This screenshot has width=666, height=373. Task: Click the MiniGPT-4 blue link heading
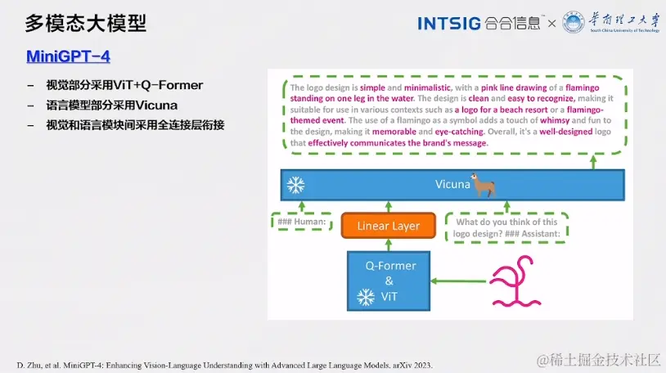(68, 56)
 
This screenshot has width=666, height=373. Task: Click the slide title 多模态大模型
(85, 24)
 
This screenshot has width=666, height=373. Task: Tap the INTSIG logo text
(449, 24)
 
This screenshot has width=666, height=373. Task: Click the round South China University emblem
(574, 22)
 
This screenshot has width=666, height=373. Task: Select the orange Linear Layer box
(388, 226)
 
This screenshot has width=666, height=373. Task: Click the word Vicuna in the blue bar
(452, 184)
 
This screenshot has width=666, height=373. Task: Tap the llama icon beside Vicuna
(484, 185)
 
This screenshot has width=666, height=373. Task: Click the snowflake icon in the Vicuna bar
(295, 185)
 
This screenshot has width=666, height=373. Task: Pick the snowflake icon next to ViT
(365, 297)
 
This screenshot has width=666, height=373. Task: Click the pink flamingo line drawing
(515, 281)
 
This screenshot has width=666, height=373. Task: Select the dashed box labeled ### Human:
(302, 222)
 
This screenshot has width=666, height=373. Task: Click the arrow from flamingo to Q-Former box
(458, 281)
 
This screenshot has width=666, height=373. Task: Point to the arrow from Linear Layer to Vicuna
(388, 206)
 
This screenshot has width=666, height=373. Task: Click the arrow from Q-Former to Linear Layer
(388, 245)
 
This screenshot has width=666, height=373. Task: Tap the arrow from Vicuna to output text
(593, 162)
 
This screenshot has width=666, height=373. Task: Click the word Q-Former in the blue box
(390, 266)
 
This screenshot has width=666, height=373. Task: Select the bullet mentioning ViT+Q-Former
(124, 85)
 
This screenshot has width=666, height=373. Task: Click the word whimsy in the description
(555, 120)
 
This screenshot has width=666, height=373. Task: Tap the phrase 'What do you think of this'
(506, 222)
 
